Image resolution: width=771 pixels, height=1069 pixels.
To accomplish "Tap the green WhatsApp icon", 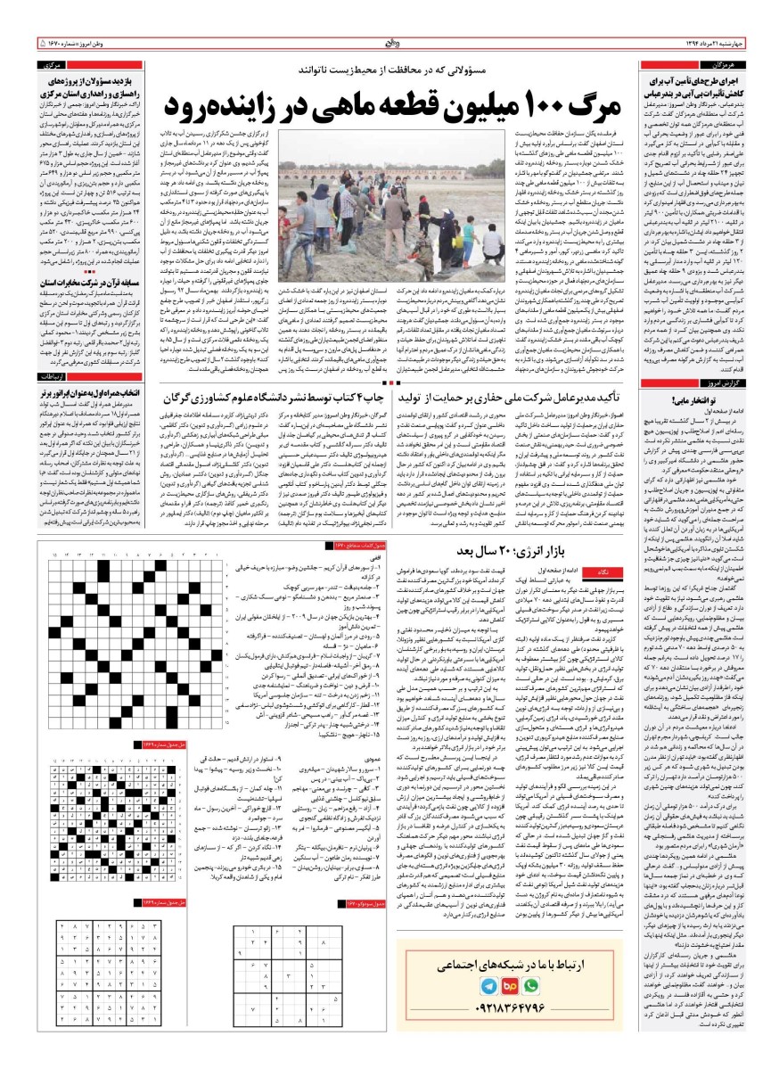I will click(533, 988).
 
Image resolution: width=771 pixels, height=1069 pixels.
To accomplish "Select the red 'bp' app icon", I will click(511, 988).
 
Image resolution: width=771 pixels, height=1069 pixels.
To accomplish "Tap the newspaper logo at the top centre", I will click(386, 41).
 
